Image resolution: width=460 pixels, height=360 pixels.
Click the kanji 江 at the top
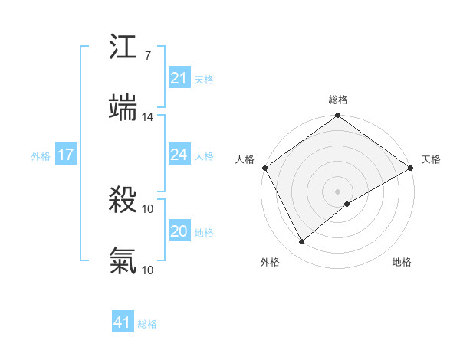pyautogui.click(x=123, y=48)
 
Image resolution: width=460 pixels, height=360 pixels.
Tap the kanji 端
pyautogui.click(x=123, y=107)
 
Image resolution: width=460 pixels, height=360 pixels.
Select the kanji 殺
pyautogui.click(x=123, y=201)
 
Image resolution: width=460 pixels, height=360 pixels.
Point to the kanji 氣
pyautogui.click(x=123, y=261)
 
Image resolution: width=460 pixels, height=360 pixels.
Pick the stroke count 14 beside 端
pyautogui.click(x=148, y=117)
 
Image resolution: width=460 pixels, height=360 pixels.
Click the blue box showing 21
pyautogui.click(x=179, y=78)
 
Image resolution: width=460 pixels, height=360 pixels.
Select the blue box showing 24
pyautogui.click(x=179, y=155)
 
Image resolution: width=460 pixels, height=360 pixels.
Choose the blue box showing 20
pyautogui.click(x=179, y=232)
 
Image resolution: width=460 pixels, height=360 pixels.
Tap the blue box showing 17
pyautogui.click(x=66, y=155)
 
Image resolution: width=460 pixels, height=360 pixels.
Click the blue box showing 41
pyautogui.click(x=123, y=323)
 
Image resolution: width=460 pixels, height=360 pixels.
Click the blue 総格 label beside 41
pyautogui.click(x=147, y=324)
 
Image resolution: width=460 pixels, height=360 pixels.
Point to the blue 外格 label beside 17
pyautogui.click(x=41, y=156)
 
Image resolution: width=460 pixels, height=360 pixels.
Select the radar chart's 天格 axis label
pyautogui.click(x=431, y=159)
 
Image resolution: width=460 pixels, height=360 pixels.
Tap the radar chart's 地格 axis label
pyautogui.click(x=402, y=262)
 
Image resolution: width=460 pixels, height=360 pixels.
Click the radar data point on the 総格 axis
pyautogui.click(x=337, y=116)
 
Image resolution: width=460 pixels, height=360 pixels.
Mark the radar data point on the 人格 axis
pyautogui.click(x=264, y=168)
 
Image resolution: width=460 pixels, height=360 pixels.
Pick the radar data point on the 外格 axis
pyautogui.click(x=302, y=242)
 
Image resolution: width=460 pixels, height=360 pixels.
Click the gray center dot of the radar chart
pyautogui.click(x=337, y=191)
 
